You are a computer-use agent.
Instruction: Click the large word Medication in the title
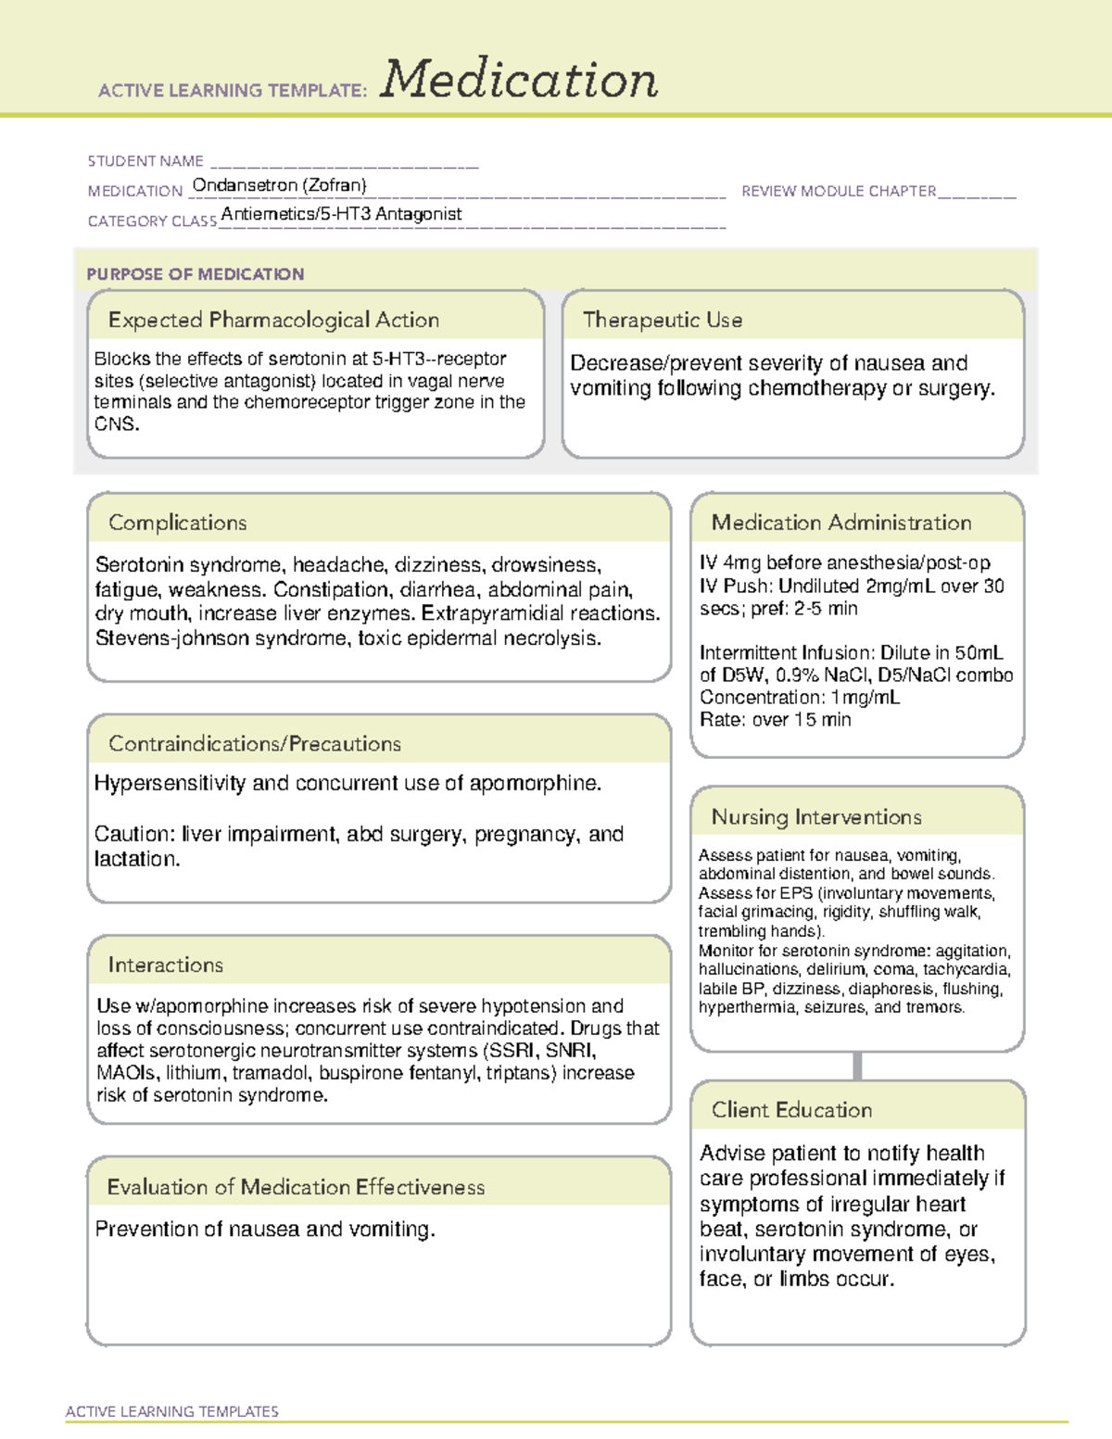pos(519,80)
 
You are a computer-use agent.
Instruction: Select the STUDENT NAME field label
pos(145,161)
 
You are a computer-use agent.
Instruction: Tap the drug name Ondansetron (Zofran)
pos(279,185)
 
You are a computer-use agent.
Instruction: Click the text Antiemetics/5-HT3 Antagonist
pos(341,214)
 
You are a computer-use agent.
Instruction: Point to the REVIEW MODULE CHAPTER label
pos(839,191)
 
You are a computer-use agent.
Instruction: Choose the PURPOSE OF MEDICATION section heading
pos(196,274)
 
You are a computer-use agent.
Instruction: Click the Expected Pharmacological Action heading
pos(273,320)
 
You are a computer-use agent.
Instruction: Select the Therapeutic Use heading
pos(663,320)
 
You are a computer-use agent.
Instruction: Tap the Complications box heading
pos(178,523)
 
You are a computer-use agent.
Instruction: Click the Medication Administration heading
pos(841,523)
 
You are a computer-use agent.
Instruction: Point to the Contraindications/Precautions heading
pos(255,744)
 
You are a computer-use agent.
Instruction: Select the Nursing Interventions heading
pos(816,817)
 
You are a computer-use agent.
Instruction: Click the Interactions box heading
pos(166,966)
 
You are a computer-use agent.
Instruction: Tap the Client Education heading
pos(792,1110)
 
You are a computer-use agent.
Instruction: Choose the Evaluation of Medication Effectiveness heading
pos(296,1187)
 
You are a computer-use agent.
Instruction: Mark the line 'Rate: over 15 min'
pos(775,720)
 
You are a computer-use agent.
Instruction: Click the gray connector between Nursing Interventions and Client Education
pos(857,1066)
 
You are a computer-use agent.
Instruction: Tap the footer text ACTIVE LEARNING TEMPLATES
pos(172,1411)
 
